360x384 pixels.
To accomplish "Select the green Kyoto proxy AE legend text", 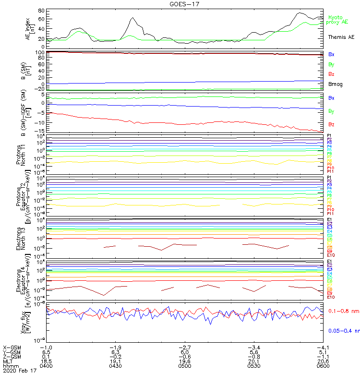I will pos(338,20).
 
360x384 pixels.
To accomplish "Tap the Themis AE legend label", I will pos(341,37).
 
